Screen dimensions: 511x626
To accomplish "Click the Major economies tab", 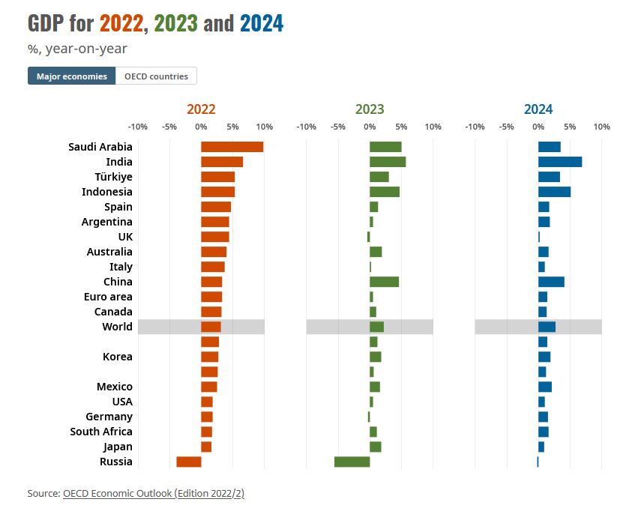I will click(72, 76).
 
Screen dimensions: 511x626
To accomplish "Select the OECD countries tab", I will click(156, 76).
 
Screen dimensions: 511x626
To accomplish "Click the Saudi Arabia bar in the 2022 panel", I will click(232, 147).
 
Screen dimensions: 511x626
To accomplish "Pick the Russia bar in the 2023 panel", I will click(352, 462).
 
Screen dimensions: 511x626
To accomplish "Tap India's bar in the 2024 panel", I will click(560, 162).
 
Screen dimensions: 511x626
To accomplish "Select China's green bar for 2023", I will click(384, 282).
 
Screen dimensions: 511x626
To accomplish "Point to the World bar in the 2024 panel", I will click(547, 327).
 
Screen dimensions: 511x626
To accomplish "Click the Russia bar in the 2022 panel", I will click(189, 462).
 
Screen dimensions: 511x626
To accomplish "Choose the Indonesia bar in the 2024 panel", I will click(554, 192).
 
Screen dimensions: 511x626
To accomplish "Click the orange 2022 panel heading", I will click(201, 109).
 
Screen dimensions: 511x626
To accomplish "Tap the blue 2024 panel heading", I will click(538, 109).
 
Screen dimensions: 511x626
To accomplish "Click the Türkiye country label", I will click(113, 177).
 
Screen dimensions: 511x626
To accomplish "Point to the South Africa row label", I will click(101, 432).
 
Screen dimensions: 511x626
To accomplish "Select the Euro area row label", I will click(108, 297).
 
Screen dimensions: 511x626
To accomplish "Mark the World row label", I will click(117, 327).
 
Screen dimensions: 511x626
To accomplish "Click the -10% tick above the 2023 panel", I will click(306, 127).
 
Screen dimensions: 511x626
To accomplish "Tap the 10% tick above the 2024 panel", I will click(601, 127).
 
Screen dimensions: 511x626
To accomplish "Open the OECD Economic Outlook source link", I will click(154, 493).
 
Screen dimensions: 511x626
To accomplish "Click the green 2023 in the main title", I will click(175, 24).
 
